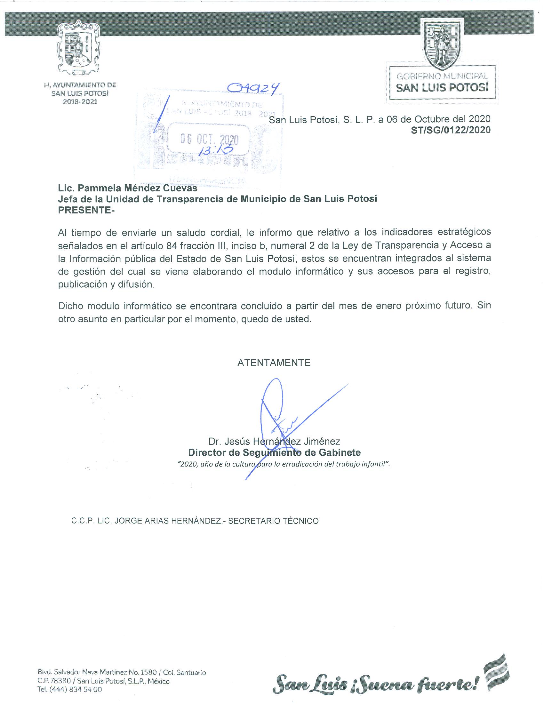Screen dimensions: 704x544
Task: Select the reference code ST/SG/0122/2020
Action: [451, 130]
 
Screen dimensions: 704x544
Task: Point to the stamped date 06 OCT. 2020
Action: [209, 139]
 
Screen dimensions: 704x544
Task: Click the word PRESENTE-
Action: [86, 210]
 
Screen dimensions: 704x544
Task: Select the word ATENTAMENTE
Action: [274, 363]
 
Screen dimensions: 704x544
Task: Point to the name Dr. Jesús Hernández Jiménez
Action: [274, 441]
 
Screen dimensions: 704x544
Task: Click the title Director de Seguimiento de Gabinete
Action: [274, 452]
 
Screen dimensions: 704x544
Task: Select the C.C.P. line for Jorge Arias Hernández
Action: [195, 521]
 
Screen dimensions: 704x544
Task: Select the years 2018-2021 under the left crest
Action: [80, 102]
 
